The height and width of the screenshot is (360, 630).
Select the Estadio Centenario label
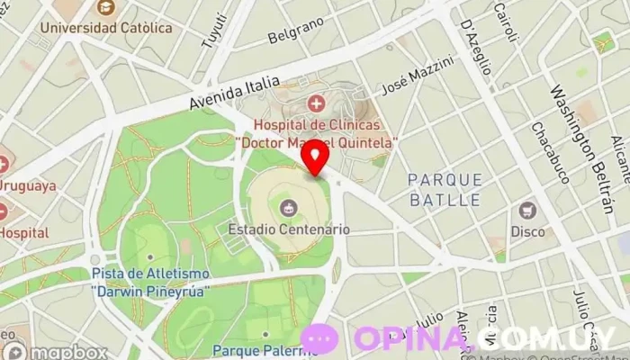[x=288, y=229]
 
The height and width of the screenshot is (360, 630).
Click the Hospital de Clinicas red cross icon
[x=316, y=105]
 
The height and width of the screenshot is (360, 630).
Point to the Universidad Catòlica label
[x=106, y=28]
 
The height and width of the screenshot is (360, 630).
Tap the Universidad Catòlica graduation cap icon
[x=105, y=9]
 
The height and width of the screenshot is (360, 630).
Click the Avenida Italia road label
[x=235, y=90]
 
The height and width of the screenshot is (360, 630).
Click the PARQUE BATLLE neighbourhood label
[x=445, y=189]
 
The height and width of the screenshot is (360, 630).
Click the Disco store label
[x=528, y=231]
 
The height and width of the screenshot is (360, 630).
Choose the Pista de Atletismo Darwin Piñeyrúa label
[x=150, y=281]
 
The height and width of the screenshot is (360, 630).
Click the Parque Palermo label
[x=265, y=349]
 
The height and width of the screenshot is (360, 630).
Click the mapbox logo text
[x=65, y=352]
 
